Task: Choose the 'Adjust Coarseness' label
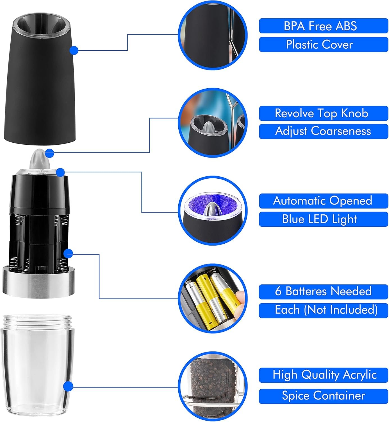pos(323,131)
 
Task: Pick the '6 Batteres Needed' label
pos(323,291)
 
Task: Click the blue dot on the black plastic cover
pos(74,50)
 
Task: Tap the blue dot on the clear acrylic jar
pos(68,387)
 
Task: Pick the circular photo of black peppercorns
pos(213,387)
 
